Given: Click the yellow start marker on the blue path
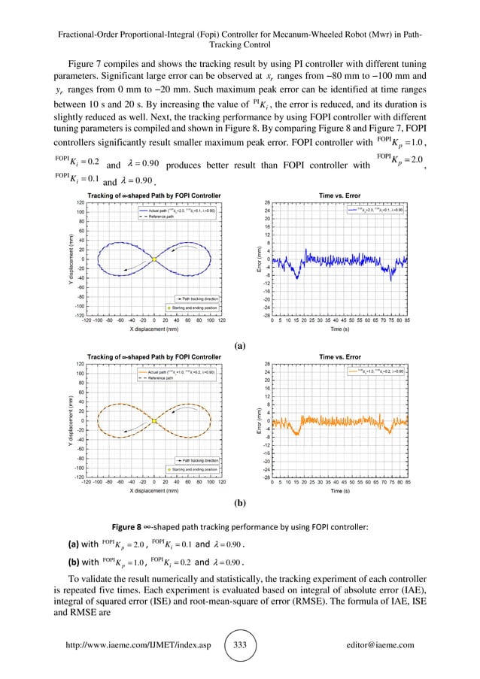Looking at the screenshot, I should tap(153, 259).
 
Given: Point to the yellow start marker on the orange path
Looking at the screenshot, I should tap(153, 420).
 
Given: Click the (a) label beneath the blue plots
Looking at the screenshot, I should tap(240, 346).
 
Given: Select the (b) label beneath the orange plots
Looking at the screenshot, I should tap(240, 508).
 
